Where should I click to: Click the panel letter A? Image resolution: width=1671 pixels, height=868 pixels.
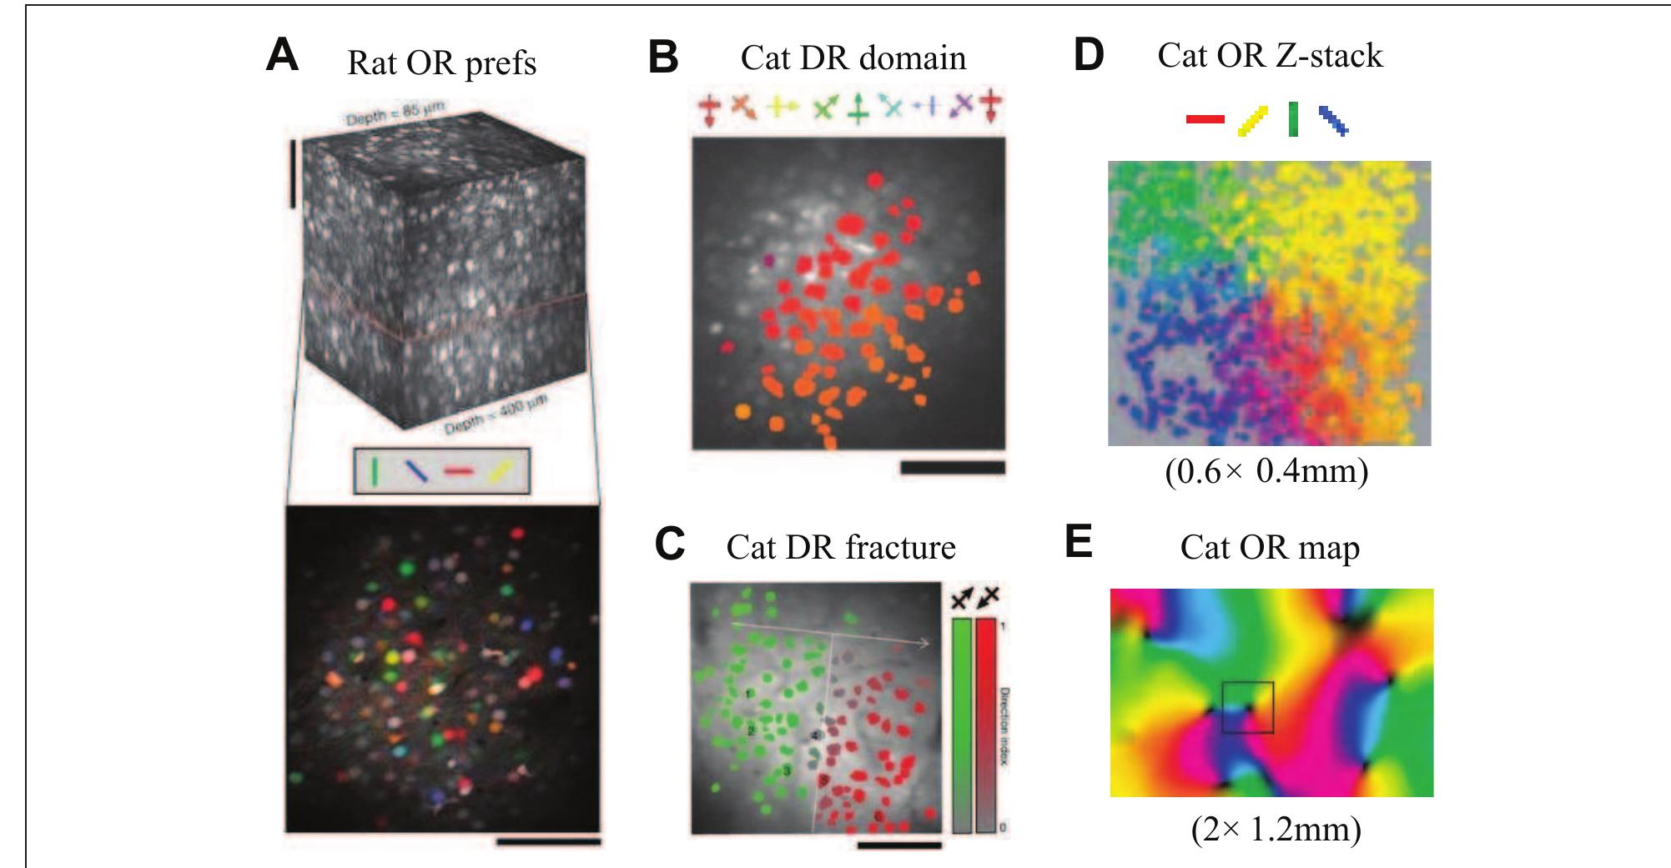[x=282, y=57]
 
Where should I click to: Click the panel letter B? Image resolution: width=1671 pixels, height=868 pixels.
[x=664, y=58]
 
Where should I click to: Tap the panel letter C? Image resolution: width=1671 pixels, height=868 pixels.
[x=670, y=544]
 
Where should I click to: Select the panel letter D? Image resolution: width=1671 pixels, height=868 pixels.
[x=1088, y=55]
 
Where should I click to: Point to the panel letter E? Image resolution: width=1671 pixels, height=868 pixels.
[x=1079, y=543]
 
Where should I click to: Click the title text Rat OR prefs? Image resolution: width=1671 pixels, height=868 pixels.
[x=441, y=63]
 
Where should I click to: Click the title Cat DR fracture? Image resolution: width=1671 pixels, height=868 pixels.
[x=841, y=548]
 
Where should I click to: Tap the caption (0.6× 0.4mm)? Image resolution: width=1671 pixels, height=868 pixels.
[x=1266, y=472]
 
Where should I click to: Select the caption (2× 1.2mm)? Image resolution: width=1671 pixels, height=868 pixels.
[x=1276, y=829]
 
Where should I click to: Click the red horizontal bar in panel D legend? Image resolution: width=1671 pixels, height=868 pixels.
[x=1205, y=120]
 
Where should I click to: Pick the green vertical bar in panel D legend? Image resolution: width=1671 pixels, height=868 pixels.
[x=1293, y=119]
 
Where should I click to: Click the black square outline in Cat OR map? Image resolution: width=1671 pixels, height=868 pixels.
[x=1247, y=707]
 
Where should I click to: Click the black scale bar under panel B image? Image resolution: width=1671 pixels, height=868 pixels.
[x=953, y=469]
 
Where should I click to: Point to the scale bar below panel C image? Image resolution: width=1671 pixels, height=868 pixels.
[x=898, y=845]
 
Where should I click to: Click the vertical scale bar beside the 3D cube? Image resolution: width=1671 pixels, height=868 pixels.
[x=293, y=173]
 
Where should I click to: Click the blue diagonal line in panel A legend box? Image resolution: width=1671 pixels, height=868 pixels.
[x=416, y=472]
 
